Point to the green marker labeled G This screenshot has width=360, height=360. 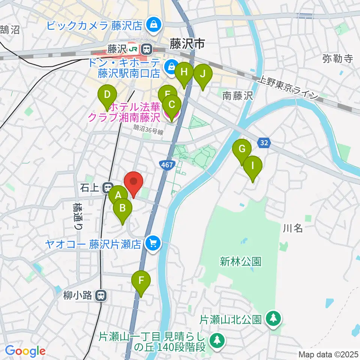point(242,150)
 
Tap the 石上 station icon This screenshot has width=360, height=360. point(108,187)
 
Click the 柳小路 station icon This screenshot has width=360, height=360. point(100,295)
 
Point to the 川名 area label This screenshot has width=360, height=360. point(293,228)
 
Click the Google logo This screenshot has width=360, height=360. point(25,351)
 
